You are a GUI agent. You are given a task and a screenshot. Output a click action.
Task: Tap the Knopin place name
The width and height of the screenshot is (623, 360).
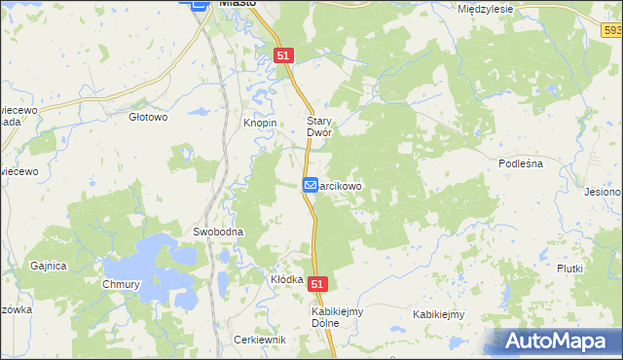(260, 124)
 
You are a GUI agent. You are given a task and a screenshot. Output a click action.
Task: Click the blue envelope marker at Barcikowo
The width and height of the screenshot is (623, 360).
(310, 184)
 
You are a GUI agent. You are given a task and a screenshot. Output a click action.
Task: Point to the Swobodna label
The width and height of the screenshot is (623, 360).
(217, 233)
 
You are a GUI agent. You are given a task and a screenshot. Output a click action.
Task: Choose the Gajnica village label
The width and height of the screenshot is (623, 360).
(48, 266)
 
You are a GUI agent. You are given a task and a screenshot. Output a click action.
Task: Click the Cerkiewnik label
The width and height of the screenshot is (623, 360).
(259, 340)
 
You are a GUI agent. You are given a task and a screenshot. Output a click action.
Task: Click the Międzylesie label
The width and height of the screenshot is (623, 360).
(485, 8)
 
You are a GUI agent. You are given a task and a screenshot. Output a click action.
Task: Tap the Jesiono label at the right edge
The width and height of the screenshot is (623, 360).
(604, 193)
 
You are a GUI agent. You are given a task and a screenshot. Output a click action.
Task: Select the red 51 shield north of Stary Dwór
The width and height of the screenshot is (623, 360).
(283, 56)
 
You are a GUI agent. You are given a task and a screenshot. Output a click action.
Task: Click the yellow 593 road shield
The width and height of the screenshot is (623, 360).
(610, 32)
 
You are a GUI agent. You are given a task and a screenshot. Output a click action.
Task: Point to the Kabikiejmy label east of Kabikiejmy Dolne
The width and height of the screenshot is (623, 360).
(438, 314)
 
